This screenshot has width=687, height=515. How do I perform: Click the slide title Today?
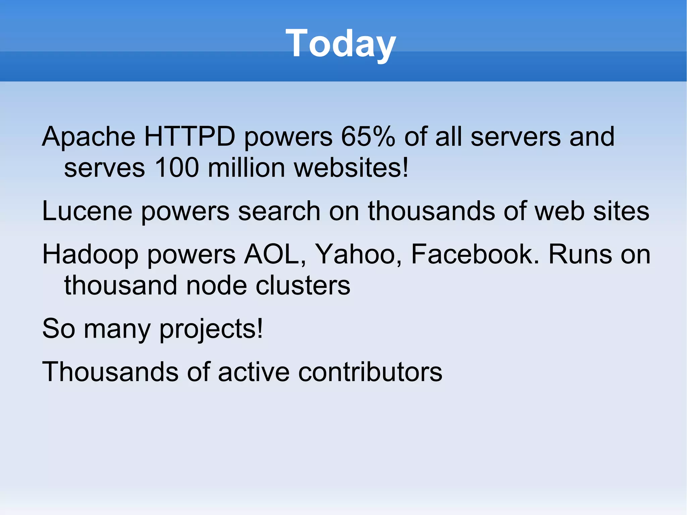point(341,44)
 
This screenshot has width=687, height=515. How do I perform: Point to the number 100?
point(177,167)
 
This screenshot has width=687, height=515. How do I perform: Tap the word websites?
point(351,167)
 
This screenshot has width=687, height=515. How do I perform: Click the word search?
point(279,211)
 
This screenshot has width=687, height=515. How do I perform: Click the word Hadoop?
point(90,255)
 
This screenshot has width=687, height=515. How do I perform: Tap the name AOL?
point(274,254)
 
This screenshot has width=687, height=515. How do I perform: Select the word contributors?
point(370,372)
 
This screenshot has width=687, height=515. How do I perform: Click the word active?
point(254,372)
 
